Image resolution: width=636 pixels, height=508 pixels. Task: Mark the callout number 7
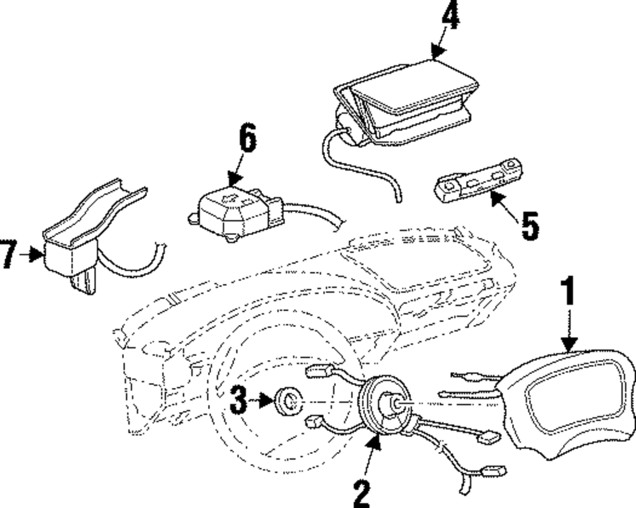[8, 255]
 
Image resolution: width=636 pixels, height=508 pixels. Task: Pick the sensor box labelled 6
[232, 206]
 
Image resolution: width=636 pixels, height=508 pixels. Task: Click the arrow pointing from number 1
[568, 330]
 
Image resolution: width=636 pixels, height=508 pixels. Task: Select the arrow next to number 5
[506, 205]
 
